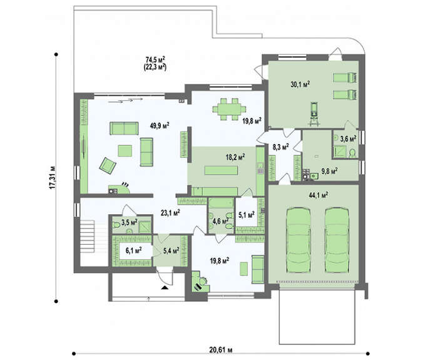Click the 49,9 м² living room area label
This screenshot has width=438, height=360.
(x=160, y=125)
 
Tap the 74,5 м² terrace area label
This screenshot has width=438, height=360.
(x=155, y=59)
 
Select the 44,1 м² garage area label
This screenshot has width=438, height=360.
(x=318, y=195)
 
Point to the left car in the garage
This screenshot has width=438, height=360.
(x=298, y=240)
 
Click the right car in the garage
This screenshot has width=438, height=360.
(x=337, y=240)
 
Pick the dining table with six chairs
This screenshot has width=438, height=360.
(x=230, y=110)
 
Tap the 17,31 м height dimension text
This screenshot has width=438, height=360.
(x=52, y=178)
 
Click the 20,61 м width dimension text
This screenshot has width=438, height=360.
(x=221, y=349)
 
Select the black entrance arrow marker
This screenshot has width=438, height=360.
(x=165, y=287)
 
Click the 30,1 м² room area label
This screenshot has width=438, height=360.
(x=300, y=85)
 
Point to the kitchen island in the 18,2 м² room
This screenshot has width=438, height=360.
(x=222, y=170)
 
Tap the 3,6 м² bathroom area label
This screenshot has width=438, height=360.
(x=347, y=138)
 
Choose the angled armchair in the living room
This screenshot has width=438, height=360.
(x=108, y=166)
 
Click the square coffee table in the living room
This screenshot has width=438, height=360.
(x=125, y=151)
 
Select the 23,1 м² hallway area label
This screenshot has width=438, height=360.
(x=170, y=213)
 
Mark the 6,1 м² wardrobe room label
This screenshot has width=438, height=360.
(x=133, y=250)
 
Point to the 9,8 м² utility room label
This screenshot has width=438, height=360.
(x=329, y=171)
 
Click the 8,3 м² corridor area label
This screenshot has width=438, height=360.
(x=280, y=147)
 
